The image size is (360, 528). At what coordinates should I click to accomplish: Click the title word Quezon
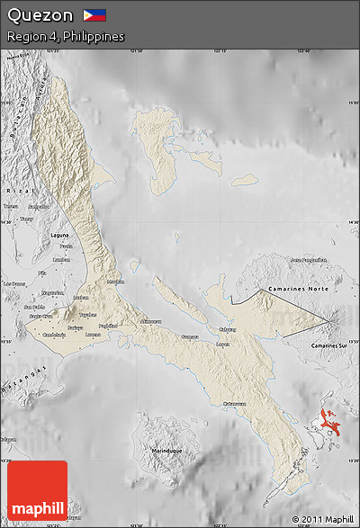point(40,15)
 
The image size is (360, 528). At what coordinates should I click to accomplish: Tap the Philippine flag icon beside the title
point(94,15)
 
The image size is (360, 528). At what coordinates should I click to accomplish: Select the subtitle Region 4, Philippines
point(65,37)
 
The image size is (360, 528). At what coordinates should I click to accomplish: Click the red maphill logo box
point(37,490)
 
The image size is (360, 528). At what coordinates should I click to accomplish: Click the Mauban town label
point(115,282)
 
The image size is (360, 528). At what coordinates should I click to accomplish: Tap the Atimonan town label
point(151,320)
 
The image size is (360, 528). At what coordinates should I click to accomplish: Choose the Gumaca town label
point(190,336)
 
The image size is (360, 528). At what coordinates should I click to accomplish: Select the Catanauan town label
point(234,403)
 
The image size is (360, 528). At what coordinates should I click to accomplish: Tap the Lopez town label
point(223,343)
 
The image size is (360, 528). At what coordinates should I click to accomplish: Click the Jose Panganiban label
point(307,259)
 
